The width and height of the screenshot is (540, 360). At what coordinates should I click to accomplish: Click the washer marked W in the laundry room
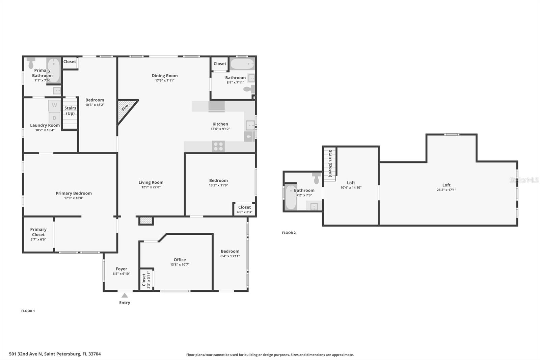coord(54,105)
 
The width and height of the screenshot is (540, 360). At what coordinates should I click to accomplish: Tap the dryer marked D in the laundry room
coord(54,118)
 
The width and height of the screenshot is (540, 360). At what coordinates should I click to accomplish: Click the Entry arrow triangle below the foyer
coord(125,295)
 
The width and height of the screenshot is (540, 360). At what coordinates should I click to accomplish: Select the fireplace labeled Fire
coord(126,109)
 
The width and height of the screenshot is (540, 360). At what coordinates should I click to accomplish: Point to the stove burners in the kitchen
coord(218,147)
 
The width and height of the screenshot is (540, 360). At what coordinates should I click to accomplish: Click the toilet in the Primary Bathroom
coord(31,63)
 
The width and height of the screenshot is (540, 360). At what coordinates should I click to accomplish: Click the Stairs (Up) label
coord(70,111)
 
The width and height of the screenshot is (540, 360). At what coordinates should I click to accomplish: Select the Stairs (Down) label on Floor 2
coord(330,163)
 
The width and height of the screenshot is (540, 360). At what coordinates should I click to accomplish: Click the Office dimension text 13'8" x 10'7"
coord(180,265)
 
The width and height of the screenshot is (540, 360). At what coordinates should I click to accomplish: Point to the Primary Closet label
coord(38,232)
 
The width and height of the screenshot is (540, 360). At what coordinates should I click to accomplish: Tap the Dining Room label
coord(164,76)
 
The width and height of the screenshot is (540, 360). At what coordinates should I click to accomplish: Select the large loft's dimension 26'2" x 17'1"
coord(446,190)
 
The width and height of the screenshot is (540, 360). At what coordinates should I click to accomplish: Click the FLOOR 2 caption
coord(289,233)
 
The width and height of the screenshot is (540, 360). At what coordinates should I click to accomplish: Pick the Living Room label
coord(151,182)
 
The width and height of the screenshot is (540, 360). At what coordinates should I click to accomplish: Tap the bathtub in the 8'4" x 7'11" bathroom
coord(242,63)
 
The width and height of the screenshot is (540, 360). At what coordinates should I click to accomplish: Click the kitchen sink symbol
coord(250,125)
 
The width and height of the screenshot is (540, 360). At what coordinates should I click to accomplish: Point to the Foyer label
coord(121,269)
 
